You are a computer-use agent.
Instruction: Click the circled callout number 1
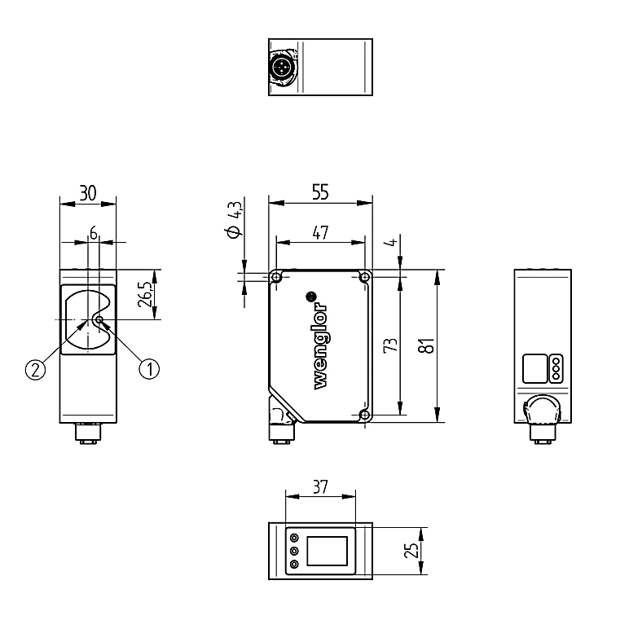[149, 369]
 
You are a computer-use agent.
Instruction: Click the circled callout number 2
[36, 370]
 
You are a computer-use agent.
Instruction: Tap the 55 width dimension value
[320, 191]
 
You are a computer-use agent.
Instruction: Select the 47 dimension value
[320, 232]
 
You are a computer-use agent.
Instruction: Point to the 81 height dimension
[427, 346]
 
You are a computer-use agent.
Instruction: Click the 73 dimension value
[390, 345]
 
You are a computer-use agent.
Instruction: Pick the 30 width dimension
[88, 193]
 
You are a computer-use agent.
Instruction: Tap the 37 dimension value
[320, 487]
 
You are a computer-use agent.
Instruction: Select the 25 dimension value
[412, 550]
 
